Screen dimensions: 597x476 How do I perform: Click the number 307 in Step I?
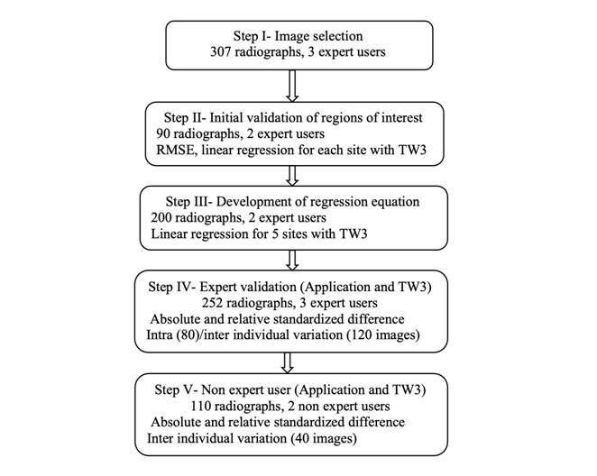(220, 51)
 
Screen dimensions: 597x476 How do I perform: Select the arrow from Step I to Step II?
(292, 86)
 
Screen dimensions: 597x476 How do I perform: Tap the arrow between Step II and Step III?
(292, 176)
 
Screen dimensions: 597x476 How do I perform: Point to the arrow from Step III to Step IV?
(292, 261)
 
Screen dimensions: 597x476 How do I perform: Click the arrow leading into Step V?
(288, 363)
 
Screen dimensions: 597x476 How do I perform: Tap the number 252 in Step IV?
(212, 303)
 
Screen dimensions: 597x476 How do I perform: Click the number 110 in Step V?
(201, 406)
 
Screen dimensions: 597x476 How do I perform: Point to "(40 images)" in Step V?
(323, 438)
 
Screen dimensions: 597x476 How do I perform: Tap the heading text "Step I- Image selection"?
(298, 36)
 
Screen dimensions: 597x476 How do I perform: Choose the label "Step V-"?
(176, 390)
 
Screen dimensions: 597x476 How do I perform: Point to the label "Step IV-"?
(172, 287)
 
